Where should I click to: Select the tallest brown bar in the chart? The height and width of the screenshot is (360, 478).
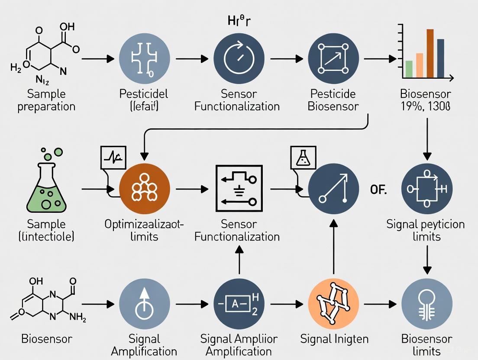430,53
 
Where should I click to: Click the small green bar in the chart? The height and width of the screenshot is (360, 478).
409,69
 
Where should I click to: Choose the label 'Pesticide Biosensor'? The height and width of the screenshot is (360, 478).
333,100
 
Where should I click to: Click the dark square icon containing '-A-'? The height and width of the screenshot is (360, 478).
238,303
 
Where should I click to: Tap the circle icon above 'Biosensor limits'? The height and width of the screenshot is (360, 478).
427,303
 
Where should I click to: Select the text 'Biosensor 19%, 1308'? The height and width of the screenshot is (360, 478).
426,100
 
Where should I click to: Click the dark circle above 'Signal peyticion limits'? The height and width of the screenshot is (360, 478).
427,189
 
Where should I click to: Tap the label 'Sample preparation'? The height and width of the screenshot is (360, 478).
46,100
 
